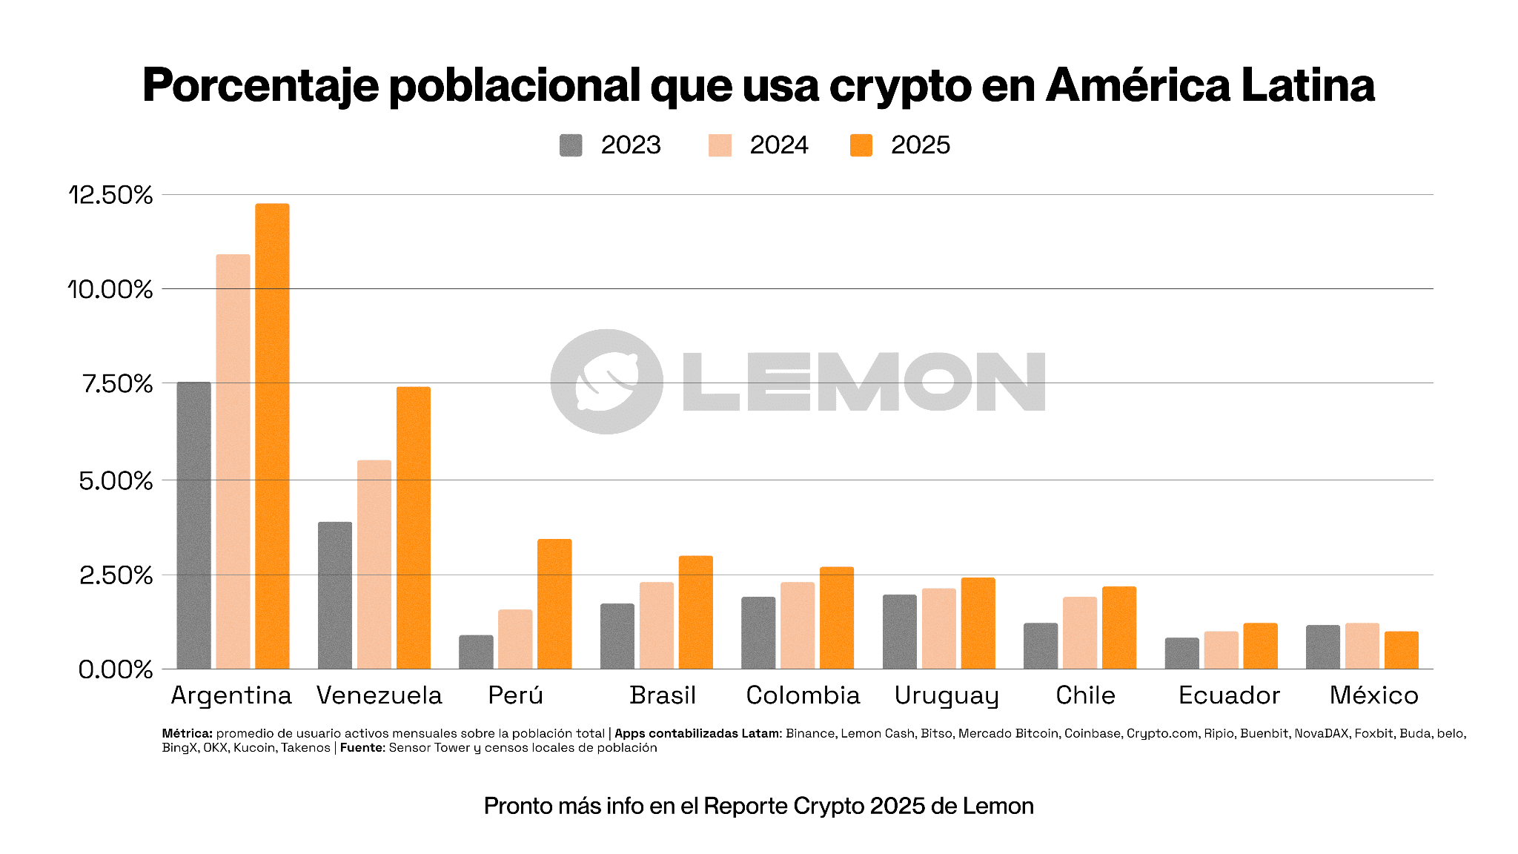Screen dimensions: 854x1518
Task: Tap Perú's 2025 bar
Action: [554, 603]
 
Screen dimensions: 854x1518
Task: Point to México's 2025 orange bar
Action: [1401, 650]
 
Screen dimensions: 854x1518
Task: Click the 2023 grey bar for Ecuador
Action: [1181, 653]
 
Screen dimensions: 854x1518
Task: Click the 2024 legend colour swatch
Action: [720, 145]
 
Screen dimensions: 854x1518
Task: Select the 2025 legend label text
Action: [920, 145]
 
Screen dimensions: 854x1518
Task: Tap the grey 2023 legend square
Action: [571, 145]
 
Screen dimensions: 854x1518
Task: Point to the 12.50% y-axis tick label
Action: [111, 195]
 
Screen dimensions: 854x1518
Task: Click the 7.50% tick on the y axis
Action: [118, 384]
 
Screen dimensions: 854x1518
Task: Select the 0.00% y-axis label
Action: [116, 669]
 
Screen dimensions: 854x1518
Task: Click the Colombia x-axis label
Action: [803, 695]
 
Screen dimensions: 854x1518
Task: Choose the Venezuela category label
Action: [379, 695]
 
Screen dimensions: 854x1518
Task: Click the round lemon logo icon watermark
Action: [606, 381]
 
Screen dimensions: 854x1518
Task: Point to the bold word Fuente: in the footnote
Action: [362, 748]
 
